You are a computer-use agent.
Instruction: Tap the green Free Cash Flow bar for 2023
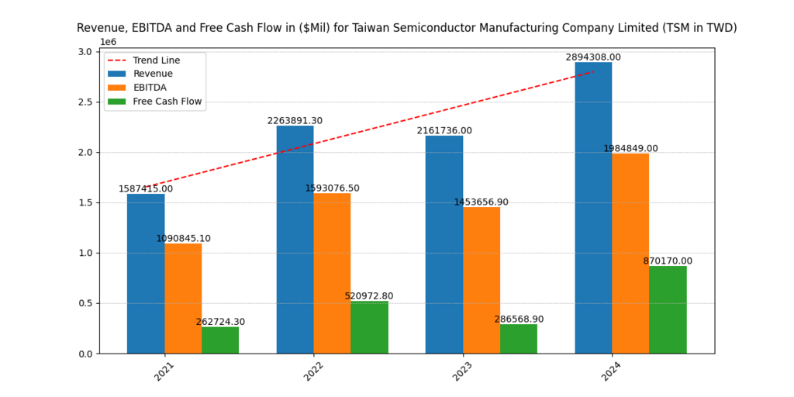[x=519, y=339]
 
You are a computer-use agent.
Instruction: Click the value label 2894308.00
[x=593, y=57]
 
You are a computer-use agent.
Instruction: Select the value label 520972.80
[x=369, y=296]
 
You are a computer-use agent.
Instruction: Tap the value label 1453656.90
[x=482, y=202]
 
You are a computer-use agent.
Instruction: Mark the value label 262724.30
[x=220, y=322]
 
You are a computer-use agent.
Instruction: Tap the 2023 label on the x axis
[x=463, y=371]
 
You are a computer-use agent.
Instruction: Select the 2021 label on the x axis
[x=164, y=371]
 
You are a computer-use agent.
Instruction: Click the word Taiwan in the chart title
[x=372, y=28]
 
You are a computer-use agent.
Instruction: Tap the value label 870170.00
[x=668, y=261]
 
